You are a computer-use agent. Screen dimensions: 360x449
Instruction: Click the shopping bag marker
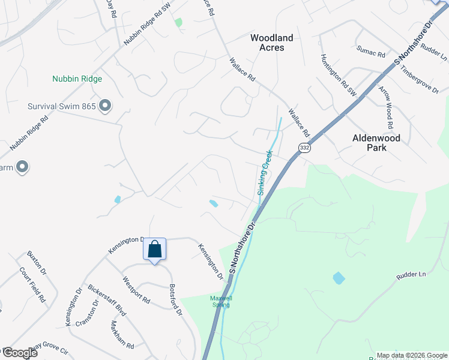click(x=154, y=249)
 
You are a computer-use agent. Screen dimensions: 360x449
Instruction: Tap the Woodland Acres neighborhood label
click(x=271, y=43)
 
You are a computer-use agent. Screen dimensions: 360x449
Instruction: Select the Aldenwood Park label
click(x=376, y=142)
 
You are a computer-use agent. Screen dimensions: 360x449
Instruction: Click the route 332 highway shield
click(x=305, y=148)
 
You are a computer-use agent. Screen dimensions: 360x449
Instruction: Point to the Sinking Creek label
click(x=265, y=173)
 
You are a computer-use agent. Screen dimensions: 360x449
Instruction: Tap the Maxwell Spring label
click(x=220, y=301)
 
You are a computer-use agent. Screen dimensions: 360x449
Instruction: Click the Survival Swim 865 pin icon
click(x=105, y=107)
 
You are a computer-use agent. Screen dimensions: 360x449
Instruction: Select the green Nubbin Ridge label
click(x=77, y=79)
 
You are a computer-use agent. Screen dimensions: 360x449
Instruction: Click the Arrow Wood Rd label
click(x=385, y=107)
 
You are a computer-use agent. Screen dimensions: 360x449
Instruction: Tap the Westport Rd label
click(x=136, y=289)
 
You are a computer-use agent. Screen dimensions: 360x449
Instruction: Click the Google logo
click(x=19, y=353)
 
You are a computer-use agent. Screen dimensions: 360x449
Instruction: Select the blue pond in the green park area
click(x=339, y=278)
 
